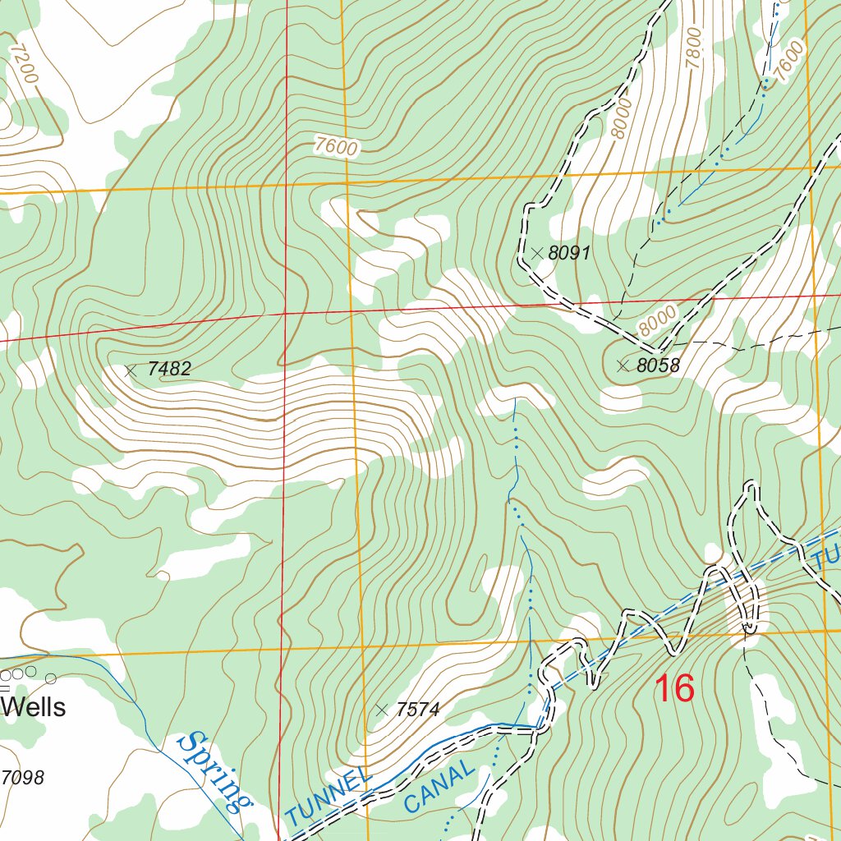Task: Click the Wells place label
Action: (34, 707)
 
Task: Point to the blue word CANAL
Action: (439, 788)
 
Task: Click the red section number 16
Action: (673, 688)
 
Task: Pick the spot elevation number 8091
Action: (569, 254)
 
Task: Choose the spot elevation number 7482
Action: (169, 370)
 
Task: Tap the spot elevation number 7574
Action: (419, 710)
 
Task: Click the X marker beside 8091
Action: (537, 254)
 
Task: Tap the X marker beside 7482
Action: (130, 370)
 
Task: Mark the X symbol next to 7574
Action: (381, 710)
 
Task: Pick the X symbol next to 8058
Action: (623, 365)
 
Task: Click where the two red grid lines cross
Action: (284, 313)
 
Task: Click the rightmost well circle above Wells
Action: (51, 678)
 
